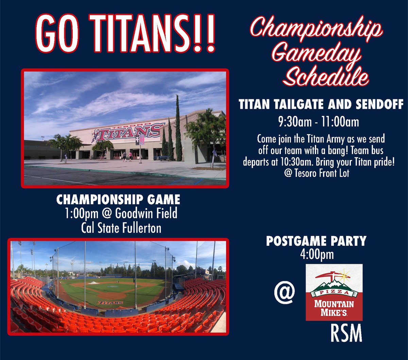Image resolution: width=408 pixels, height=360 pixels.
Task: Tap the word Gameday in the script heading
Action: click(316, 56)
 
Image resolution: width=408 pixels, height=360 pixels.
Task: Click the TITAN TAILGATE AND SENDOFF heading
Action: click(321, 105)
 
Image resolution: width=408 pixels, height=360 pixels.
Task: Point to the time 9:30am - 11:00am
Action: click(319, 122)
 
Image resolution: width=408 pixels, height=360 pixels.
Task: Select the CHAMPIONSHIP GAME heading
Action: click(118, 200)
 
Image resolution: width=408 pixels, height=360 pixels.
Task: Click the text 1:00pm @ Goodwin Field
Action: click(121, 214)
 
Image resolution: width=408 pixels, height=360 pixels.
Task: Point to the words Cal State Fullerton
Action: click(121, 228)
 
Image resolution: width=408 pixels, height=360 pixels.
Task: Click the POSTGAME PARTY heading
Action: click(316, 241)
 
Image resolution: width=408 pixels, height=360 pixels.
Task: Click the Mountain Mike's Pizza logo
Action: click(334, 292)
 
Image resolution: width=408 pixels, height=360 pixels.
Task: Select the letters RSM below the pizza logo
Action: click(346, 334)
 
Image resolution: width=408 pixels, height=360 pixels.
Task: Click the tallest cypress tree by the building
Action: click(178, 129)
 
